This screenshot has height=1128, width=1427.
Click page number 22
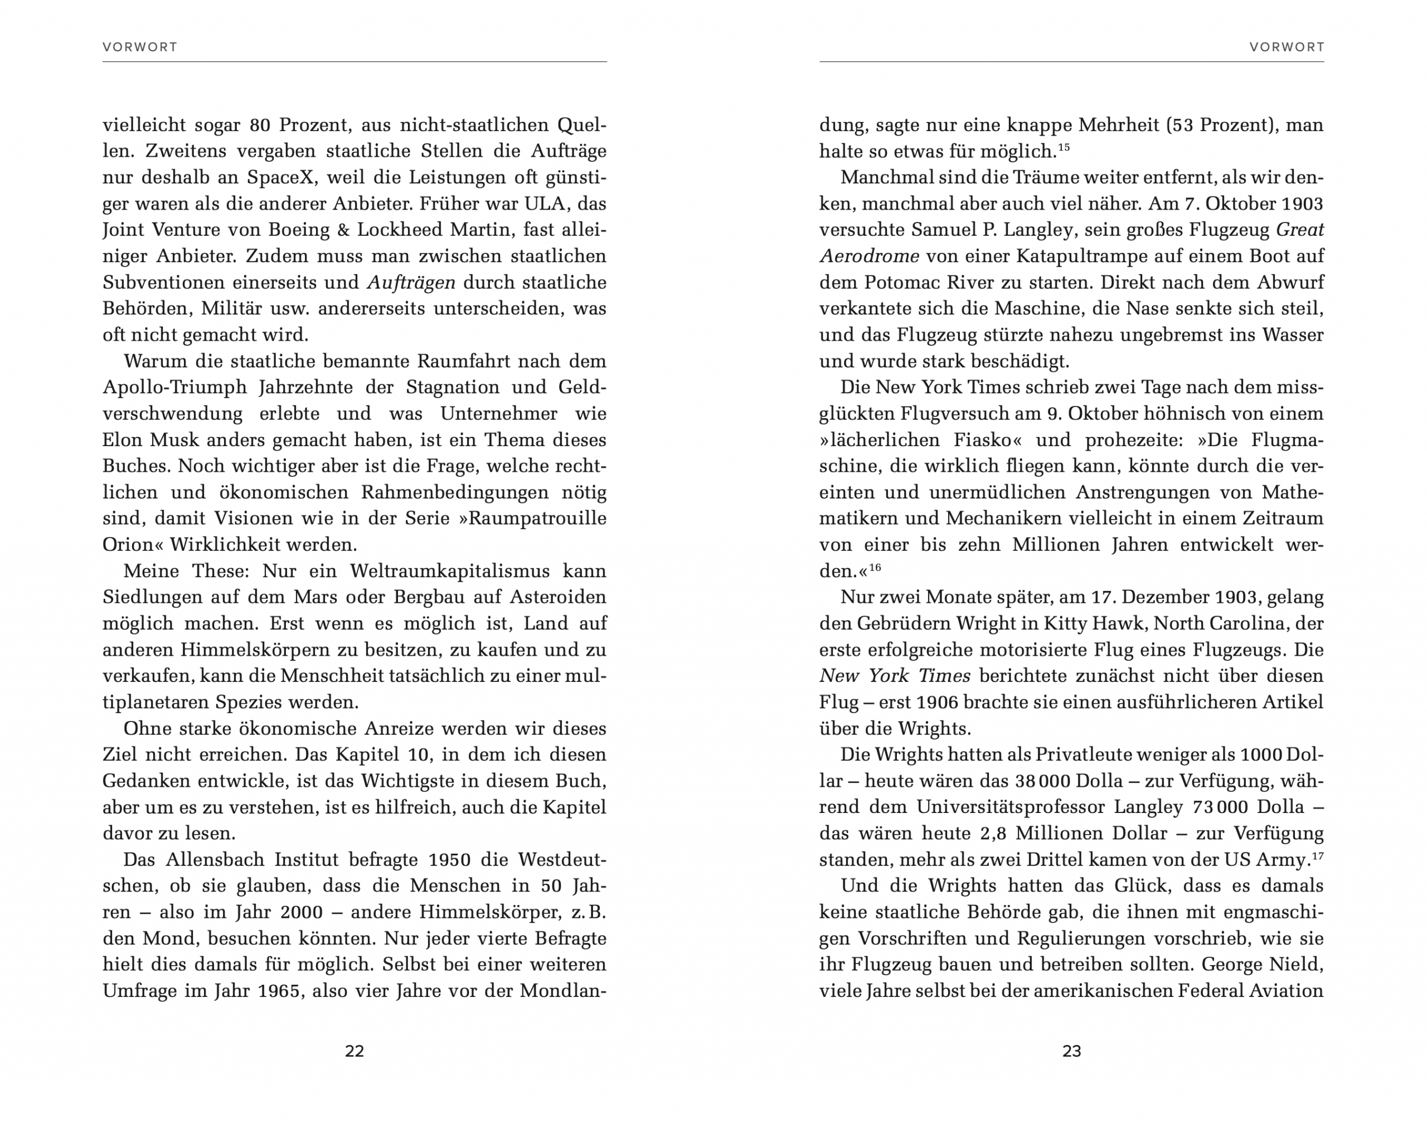(x=355, y=1050)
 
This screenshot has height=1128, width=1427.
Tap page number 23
(x=1071, y=1050)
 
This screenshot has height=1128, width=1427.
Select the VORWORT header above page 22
(x=140, y=47)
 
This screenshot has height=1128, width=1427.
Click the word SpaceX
(x=280, y=177)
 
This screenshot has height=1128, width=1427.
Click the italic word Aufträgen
(x=411, y=282)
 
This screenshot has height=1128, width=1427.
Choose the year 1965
(x=282, y=991)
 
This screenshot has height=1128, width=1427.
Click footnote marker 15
(x=1064, y=147)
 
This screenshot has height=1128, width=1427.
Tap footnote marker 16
(x=875, y=567)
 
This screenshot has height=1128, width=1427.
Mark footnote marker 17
(x=1317, y=855)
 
